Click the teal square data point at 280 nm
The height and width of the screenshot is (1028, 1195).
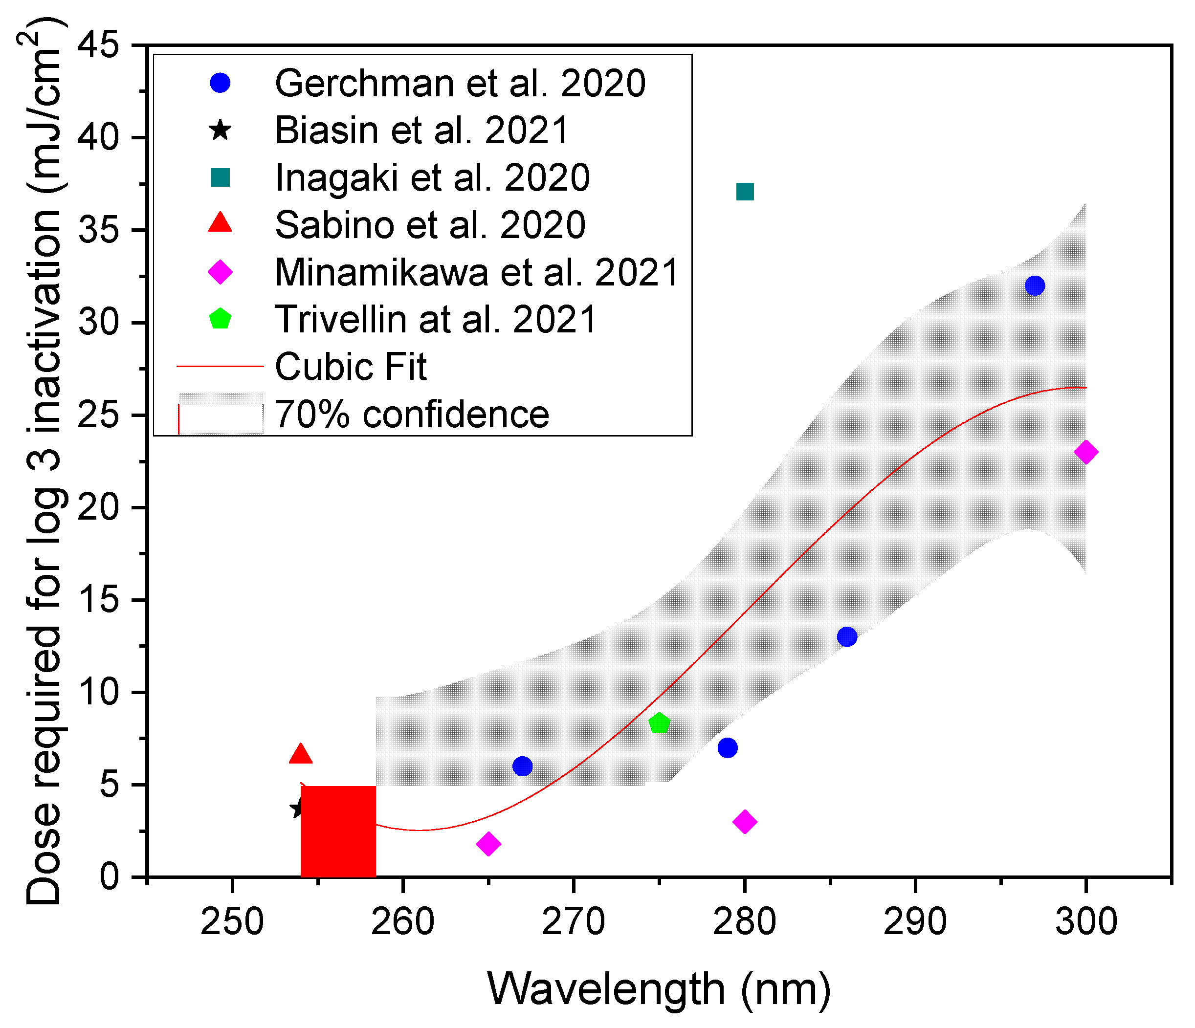745,192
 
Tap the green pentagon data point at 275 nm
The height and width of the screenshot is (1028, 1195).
659,723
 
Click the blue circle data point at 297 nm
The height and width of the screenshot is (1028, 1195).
1035,285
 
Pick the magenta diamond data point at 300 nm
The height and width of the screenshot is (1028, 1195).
1086,452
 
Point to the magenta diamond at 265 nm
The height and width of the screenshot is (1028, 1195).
488,844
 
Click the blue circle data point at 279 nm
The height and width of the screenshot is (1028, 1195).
728,748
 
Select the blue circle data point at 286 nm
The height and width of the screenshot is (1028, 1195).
847,636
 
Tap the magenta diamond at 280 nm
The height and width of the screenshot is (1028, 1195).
745,822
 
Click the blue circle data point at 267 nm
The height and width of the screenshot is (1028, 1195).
522,766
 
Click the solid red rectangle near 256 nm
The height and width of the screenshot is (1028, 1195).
338,831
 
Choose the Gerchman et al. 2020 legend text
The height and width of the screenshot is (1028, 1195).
460,84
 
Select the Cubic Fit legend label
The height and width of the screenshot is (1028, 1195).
351,367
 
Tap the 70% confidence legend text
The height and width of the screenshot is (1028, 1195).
412,414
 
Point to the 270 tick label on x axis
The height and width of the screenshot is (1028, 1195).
573,921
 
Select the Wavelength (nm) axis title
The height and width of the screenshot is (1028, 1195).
659,989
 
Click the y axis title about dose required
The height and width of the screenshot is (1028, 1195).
45,461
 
